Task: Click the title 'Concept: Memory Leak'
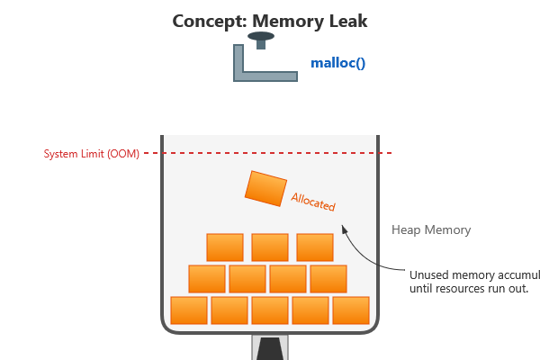click(x=269, y=20)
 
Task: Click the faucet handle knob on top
click(x=262, y=38)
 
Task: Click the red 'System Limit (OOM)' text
click(x=92, y=154)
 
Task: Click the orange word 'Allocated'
click(x=313, y=201)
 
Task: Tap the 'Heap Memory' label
click(x=431, y=229)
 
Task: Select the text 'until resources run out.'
click(x=468, y=288)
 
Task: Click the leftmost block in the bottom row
click(x=189, y=310)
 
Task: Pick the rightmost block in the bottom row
click(x=351, y=310)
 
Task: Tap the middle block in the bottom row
click(x=270, y=310)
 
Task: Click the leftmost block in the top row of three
click(x=225, y=247)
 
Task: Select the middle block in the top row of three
click(x=270, y=247)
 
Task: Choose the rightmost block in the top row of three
click(x=315, y=247)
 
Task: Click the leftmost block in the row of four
click(x=207, y=278)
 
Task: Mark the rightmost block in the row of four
click(x=328, y=278)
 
